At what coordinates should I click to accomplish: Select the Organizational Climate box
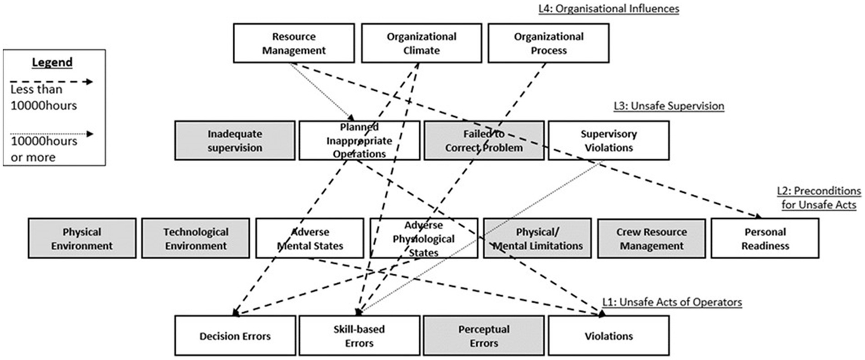(x=421, y=43)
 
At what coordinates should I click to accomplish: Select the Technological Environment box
(x=196, y=238)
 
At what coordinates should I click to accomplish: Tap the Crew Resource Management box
(x=651, y=238)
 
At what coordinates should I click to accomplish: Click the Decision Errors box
(x=235, y=336)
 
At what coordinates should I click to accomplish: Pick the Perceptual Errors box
(x=484, y=336)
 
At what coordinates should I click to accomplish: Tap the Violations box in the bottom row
(x=608, y=336)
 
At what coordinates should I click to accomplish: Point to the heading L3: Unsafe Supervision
(x=668, y=106)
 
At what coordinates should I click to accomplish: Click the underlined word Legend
(x=52, y=62)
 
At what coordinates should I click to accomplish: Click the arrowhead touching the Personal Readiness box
(x=758, y=216)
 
